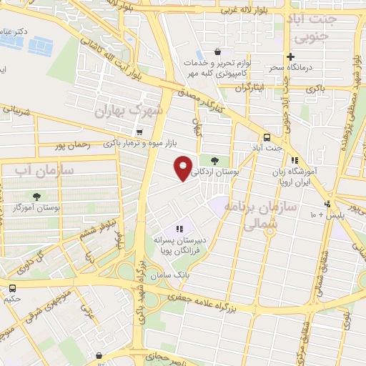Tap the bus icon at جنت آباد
coord(267,137)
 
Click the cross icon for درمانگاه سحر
coord(290,57)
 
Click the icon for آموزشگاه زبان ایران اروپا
coord(294,160)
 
